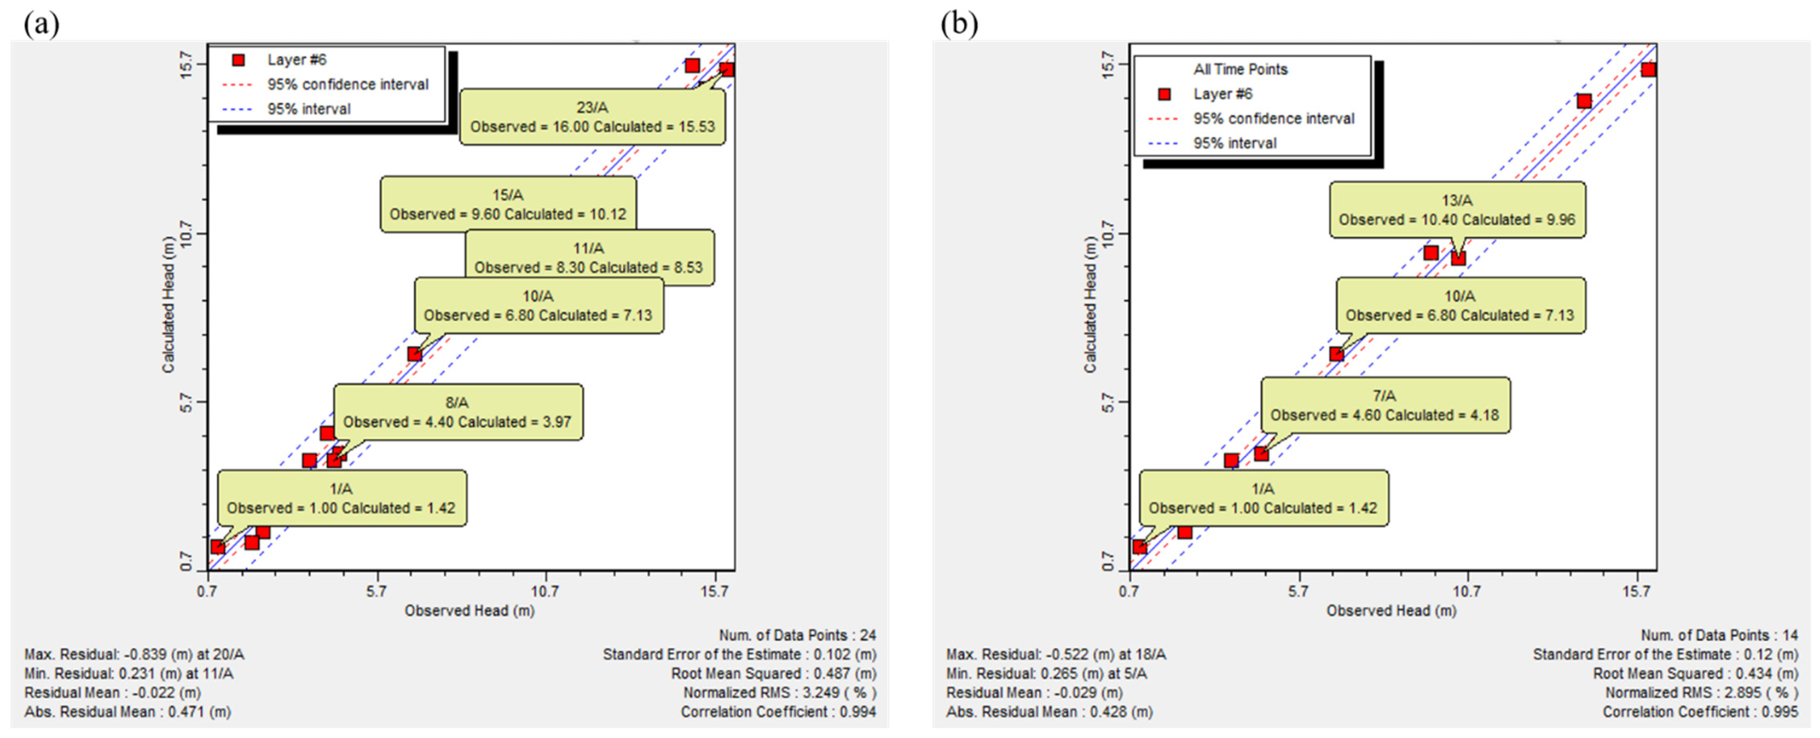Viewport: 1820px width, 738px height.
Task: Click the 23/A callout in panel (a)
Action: pyautogui.click(x=592, y=117)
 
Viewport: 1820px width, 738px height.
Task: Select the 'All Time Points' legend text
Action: pyautogui.click(x=1240, y=69)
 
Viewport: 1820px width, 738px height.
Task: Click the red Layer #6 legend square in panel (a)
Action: pyautogui.click(x=239, y=60)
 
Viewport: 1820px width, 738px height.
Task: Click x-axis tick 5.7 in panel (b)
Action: pyautogui.click(x=1298, y=591)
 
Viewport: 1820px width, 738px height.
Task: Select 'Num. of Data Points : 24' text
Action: pyautogui.click(x=797, y=635)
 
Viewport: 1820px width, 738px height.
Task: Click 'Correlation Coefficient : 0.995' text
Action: pyautogui.click(x=1700, y=712)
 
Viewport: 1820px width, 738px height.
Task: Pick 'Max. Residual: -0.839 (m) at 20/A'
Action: pyautogui.click(x=134, y=655)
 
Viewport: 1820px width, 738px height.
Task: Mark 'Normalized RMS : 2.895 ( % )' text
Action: pyautogui.click(x=1701, y=693)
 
